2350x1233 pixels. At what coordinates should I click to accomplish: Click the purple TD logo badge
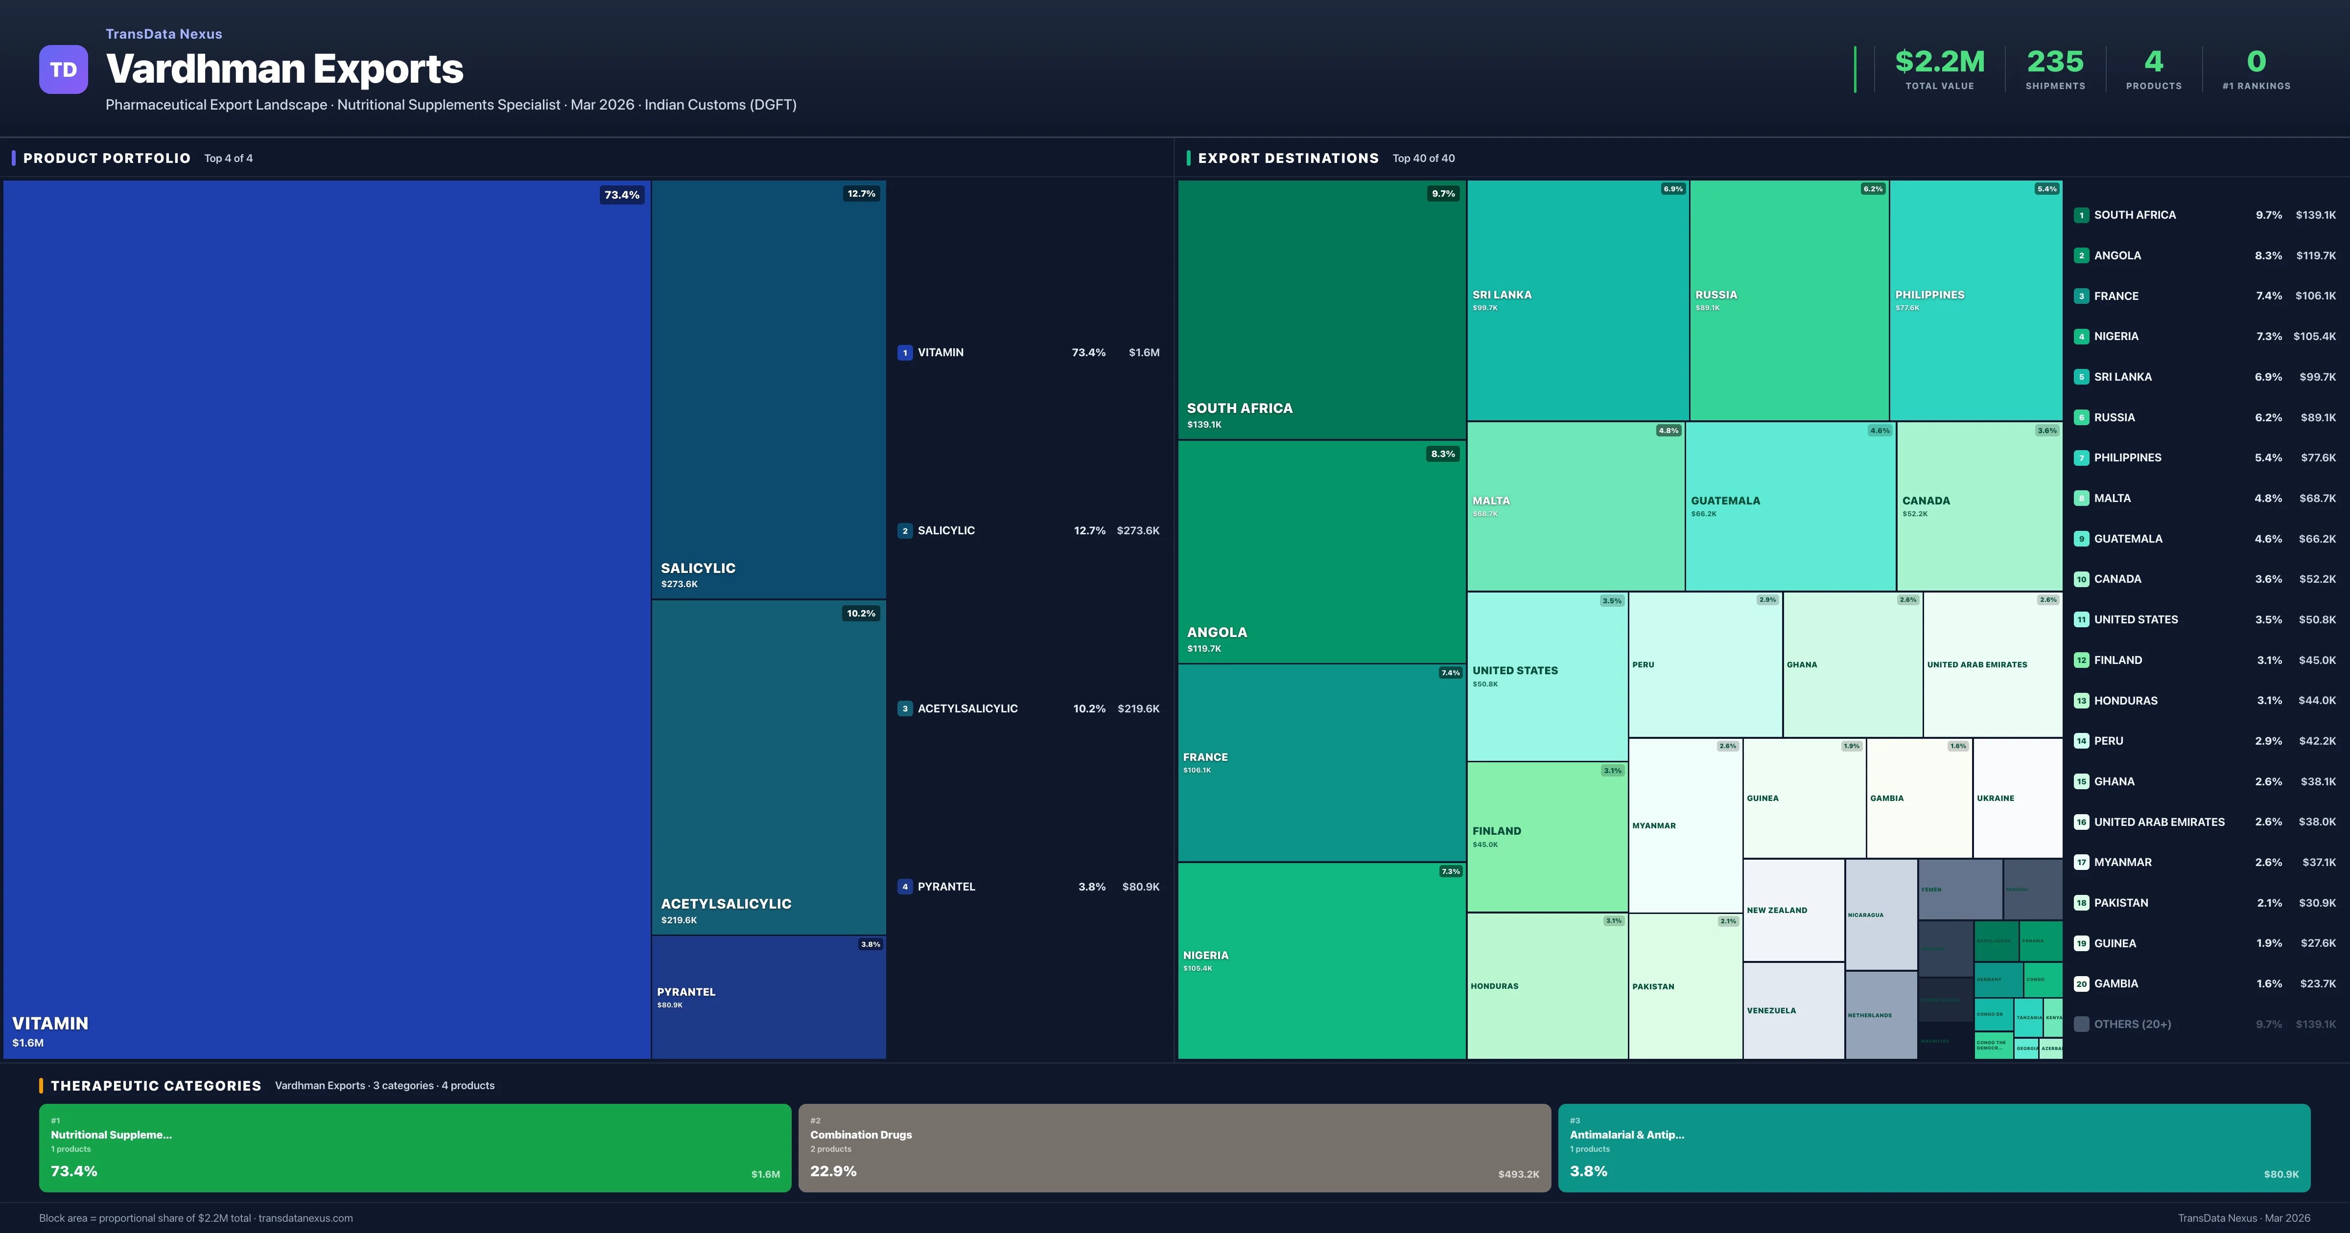tap(63, 69)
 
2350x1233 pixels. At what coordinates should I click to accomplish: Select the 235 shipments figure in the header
tap(2054, 62)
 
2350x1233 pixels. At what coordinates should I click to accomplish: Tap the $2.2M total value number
tap(1939, 62)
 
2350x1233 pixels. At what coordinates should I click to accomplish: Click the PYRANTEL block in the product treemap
tap(768, 997)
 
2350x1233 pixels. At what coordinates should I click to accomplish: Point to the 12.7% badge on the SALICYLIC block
tap(860, 193)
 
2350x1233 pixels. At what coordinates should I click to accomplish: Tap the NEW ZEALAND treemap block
tap(1793, 910)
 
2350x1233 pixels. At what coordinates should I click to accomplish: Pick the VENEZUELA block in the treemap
tap(1793, 1010)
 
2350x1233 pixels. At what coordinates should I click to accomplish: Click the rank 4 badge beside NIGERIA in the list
tap(2081, 337)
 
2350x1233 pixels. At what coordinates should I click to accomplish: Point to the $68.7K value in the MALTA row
tap(2317, 498)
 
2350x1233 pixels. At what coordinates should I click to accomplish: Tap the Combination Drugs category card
tap(1174, 1147)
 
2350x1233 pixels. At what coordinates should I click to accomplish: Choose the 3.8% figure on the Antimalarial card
tap(1588, 1171)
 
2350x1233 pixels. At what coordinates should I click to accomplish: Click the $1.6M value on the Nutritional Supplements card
tap(764, 1175)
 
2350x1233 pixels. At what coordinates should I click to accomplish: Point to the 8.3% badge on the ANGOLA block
tap(1442, 454)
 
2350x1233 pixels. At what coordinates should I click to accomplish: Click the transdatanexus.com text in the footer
tap(305, 1218)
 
